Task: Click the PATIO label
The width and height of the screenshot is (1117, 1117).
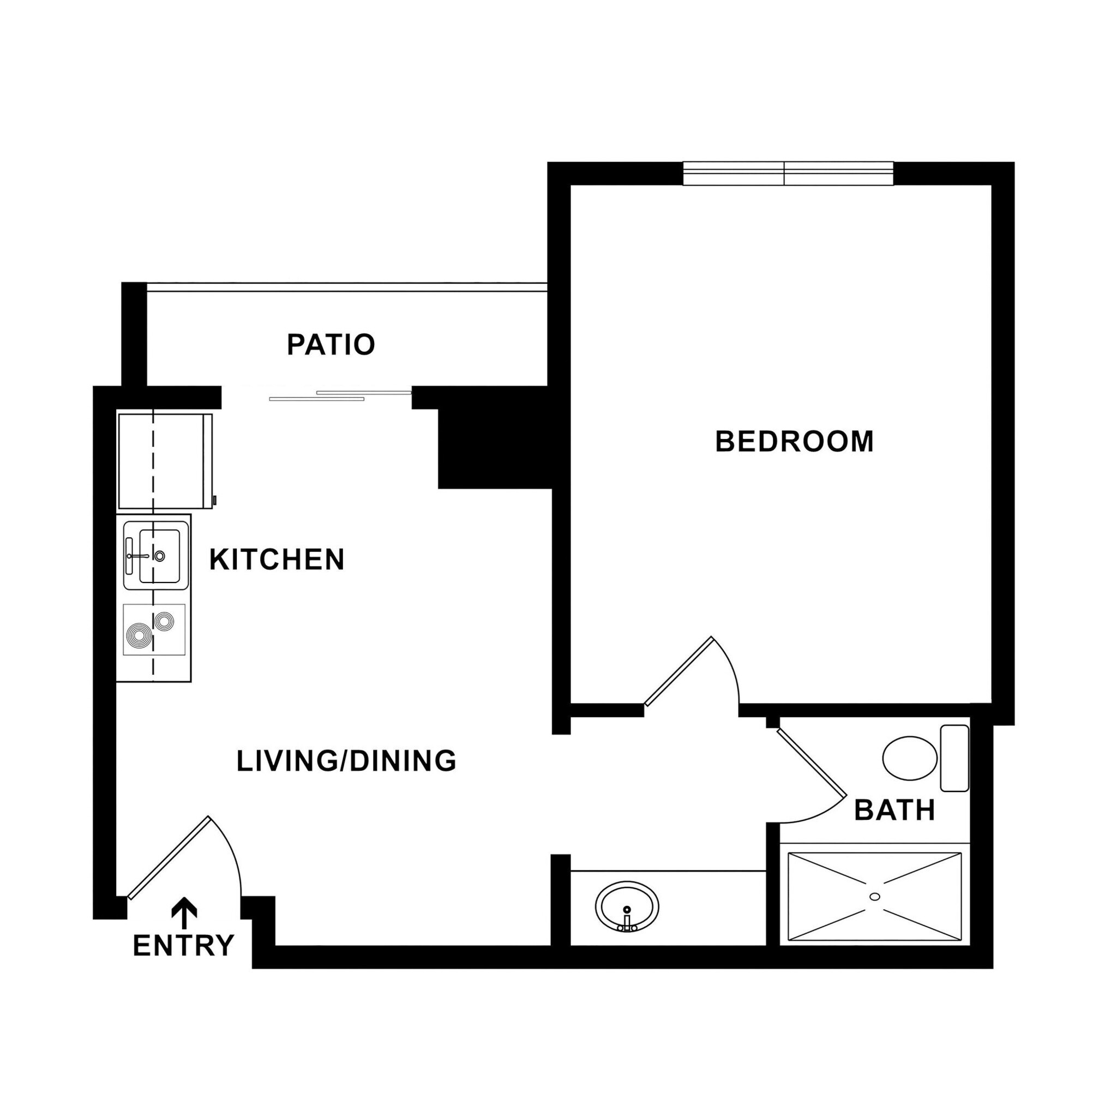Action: click(331, 345)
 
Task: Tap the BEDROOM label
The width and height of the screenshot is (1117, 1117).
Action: click(794, 442)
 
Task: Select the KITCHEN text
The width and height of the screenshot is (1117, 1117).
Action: click(277, 560)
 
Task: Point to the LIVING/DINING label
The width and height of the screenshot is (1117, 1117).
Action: click(346, 761)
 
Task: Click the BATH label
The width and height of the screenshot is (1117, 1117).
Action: click(894, 810)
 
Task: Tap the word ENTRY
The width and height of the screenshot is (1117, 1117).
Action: click(183, 946)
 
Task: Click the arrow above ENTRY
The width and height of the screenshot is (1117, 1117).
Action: click(184, 910)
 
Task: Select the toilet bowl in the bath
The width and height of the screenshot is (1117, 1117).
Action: click(909, 758)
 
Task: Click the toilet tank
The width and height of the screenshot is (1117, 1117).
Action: click(954, 758)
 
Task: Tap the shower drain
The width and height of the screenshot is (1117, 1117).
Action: click(874, 897)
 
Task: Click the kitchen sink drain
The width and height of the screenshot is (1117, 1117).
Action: click(160, 556)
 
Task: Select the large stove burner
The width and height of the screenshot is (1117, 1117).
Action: click(139, 637)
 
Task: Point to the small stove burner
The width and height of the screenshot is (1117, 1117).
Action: click(164, 621)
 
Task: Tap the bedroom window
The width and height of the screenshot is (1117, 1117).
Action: click(788, 173)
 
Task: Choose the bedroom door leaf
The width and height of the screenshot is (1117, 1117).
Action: click(678, 672)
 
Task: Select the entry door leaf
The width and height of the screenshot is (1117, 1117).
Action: click(168, 858)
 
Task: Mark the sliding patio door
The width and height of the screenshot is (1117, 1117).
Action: click(341, 396)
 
